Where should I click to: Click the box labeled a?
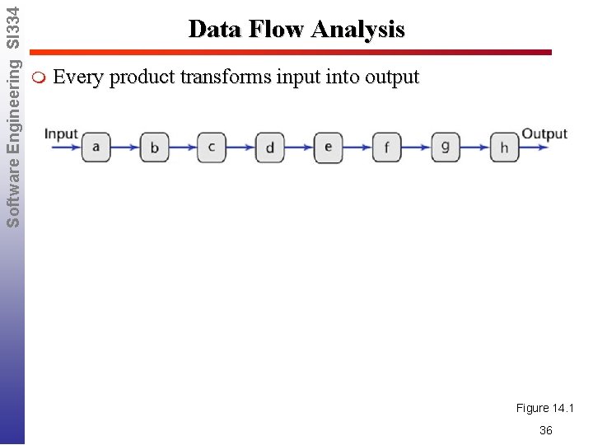point(96,148)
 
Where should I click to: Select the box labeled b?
point(154,148)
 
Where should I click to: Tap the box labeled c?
point(212,148)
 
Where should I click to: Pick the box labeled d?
point(270,148)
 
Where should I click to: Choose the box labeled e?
point(329,148)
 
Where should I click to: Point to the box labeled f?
point(387,148)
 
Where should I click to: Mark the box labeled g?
point(446,148)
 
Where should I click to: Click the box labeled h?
point(504,148)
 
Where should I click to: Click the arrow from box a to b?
point(124,148)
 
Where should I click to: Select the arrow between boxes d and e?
point(299,148)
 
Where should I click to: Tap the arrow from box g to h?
point(475,148)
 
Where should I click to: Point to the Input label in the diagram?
point(61,133)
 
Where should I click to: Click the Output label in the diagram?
point(544,133)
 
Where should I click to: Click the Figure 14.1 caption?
point(545,408)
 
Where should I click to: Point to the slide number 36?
point(545,430)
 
